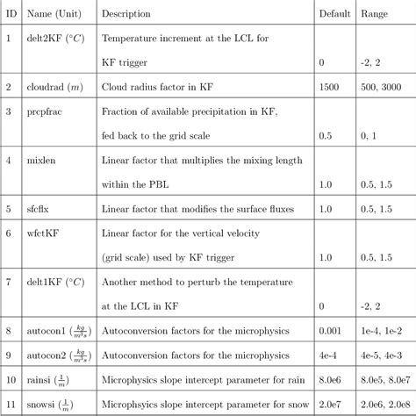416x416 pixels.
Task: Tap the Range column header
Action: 376,14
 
